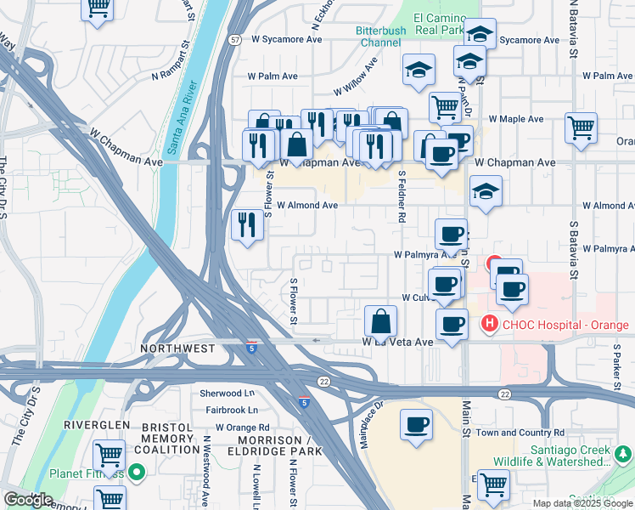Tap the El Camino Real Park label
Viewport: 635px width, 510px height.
[440, 24]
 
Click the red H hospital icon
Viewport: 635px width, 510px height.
[489, 324]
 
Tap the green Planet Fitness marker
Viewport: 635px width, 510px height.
[136, 473]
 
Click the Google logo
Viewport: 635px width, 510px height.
[29, 500]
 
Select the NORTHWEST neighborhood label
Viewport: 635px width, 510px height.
[178, 348]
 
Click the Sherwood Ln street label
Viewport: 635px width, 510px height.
[227, 394]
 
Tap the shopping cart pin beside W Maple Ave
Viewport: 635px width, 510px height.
[581, 130]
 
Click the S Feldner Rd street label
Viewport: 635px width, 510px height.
[400, 196]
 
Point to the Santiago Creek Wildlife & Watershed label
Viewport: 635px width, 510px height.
[570, 456]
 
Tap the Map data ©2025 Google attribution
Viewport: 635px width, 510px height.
[582, 503]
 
